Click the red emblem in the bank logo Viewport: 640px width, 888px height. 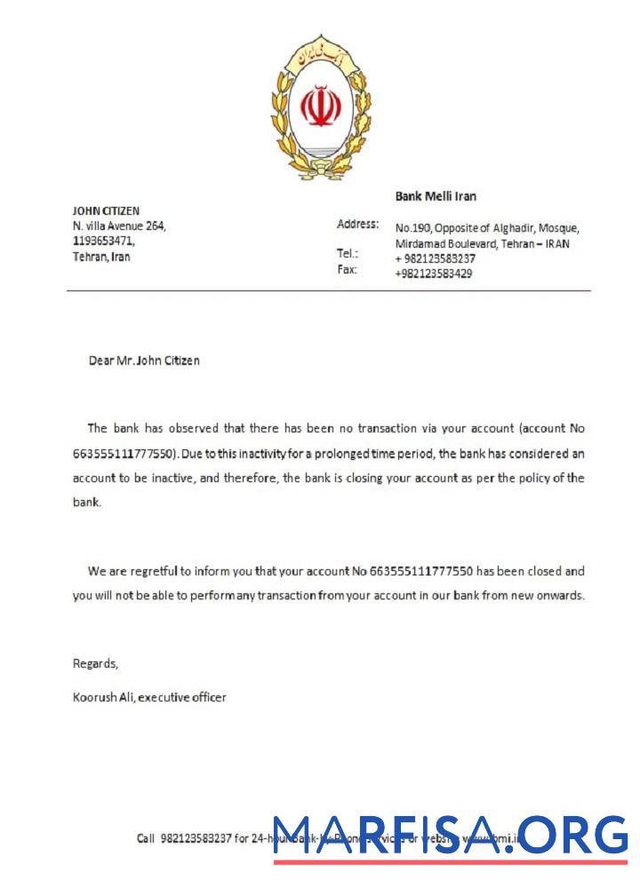320,107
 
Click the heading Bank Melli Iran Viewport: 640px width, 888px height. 436,196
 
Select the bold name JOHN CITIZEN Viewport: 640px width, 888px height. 106,211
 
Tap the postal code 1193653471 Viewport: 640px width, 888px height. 103,241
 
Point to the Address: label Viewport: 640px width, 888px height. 357,224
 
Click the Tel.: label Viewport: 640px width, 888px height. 348,253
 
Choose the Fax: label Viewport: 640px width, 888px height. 347,269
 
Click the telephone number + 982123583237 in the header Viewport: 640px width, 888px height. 435,258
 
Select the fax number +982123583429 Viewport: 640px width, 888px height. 433,274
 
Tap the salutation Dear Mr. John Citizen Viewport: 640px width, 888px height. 144,361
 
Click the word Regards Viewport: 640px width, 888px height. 94,663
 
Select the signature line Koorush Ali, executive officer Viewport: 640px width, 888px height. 149,697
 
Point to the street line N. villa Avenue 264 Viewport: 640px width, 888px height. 119,226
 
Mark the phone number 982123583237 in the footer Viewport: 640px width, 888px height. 196,838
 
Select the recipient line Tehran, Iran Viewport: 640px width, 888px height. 101,257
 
